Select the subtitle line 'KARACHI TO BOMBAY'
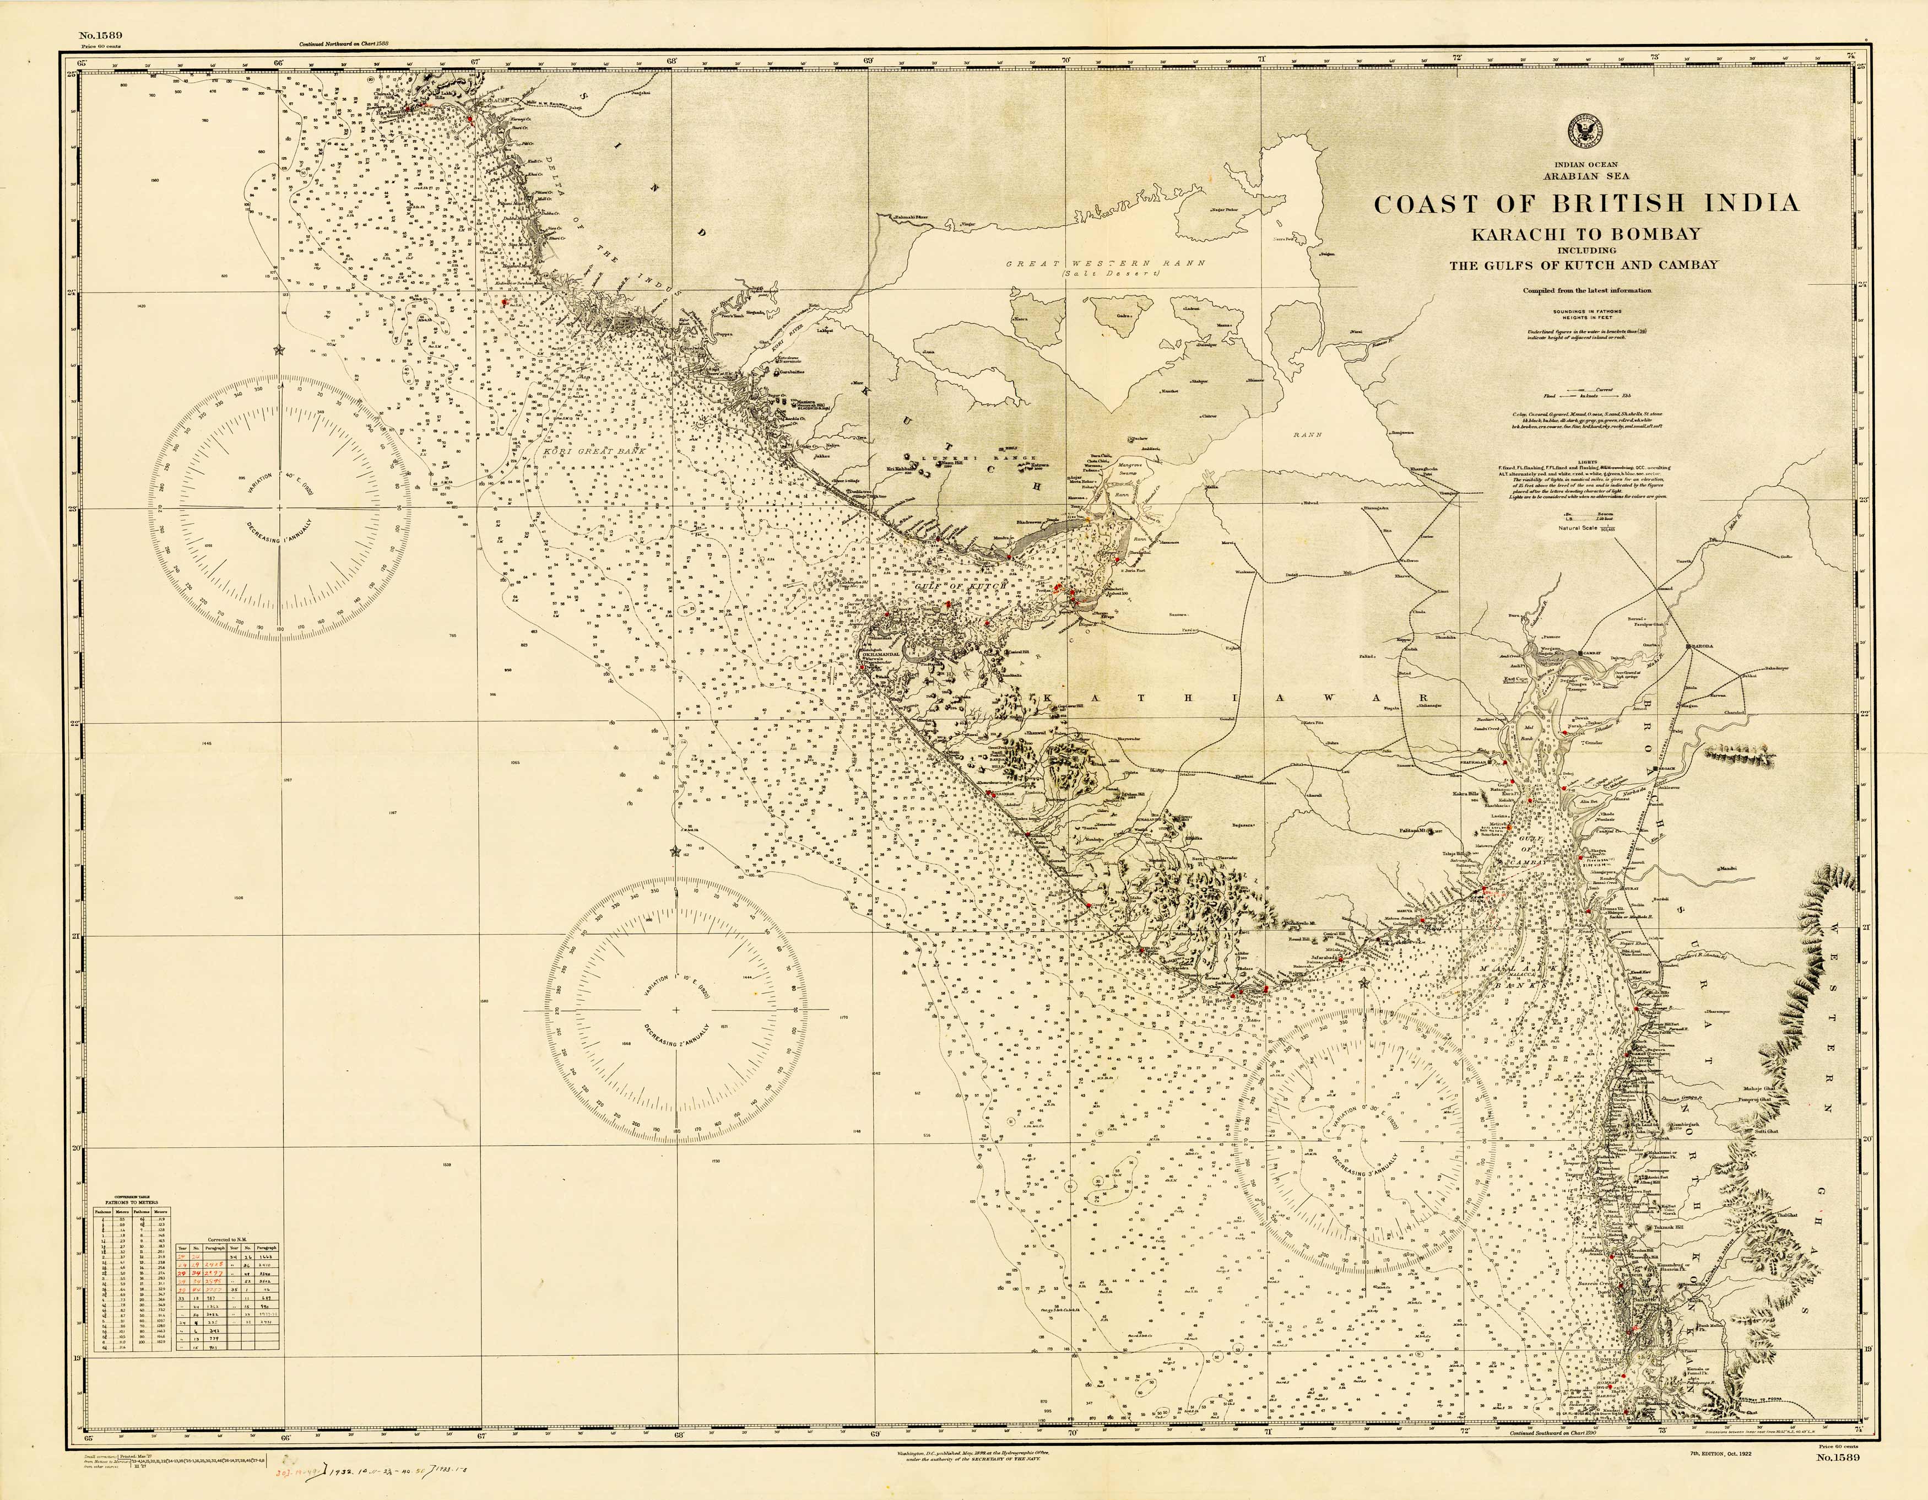click(x=1585, y=234)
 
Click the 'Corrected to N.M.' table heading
click(x=228, y=1240)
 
